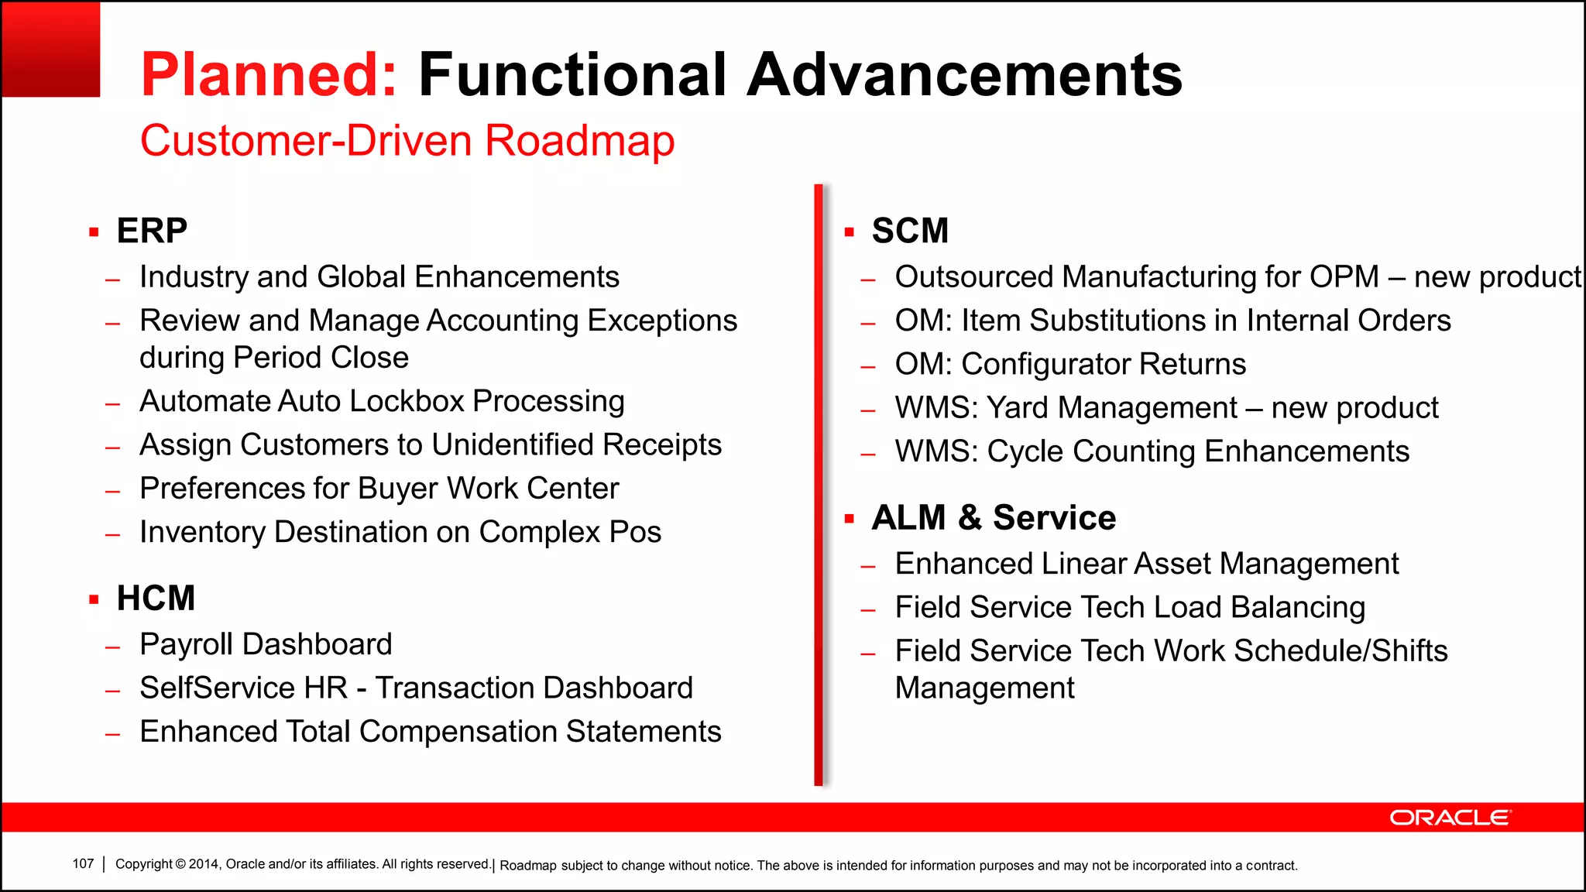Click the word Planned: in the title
tap(269, 75)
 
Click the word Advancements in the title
tap(964, 75)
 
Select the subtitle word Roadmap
tap(579, 142)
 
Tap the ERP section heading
tap(152, 231)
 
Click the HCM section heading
tap(156, 599)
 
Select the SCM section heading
tap(910, 231)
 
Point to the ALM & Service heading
tap(994, 517)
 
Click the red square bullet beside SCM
tap(850, 232)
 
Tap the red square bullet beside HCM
tap(94, 599)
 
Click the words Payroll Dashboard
tap(266, 644)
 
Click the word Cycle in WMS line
tap(1025, 451)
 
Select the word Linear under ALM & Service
tap(1083, 564)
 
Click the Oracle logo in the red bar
tap(1450, 818)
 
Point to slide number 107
tap(83, 864)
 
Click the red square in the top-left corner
tap(51, 49)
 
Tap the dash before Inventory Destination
tap(113, 534)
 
